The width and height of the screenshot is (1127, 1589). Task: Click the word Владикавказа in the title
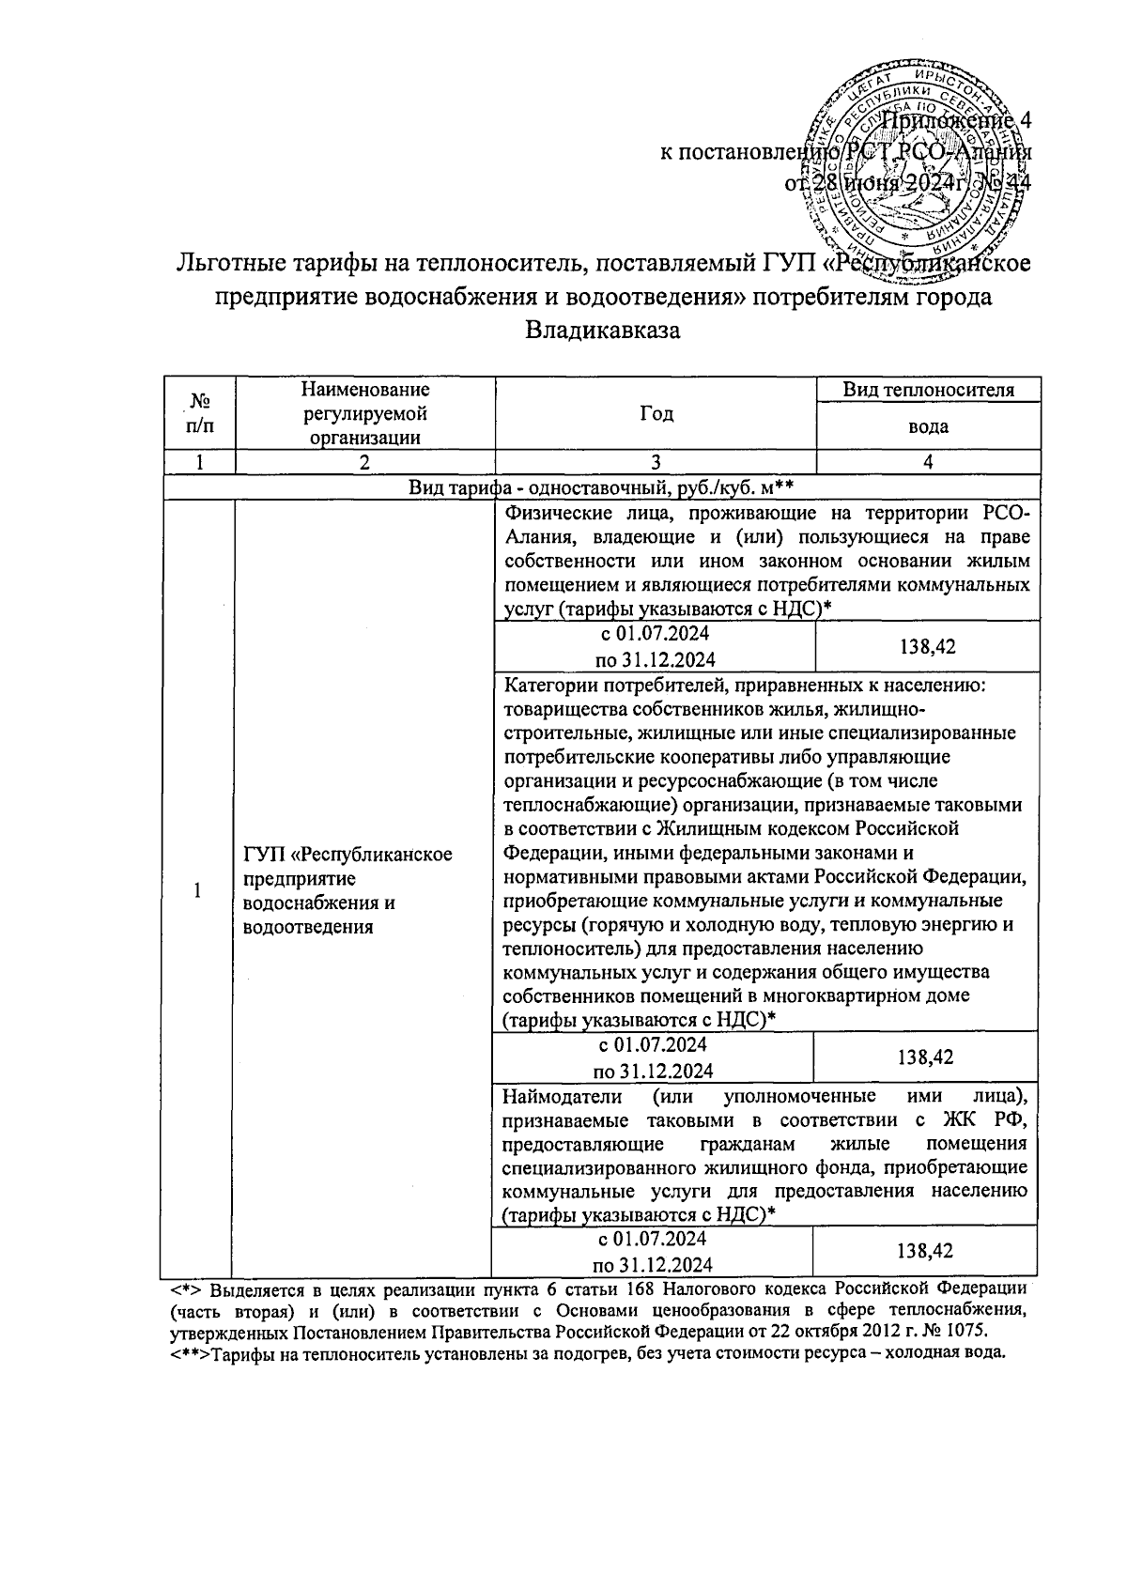coord(602,331)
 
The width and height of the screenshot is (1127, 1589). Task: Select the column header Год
coord(656,414)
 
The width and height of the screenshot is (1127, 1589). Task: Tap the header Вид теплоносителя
coord(927,390)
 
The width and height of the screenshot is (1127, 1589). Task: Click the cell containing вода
coord(927,426)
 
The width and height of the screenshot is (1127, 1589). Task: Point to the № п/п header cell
coord(199,414)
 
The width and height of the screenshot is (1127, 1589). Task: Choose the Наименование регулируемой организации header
coord(365,413)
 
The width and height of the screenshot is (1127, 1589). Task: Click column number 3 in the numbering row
coord(656,462)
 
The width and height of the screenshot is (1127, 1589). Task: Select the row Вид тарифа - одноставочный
coord(601,487)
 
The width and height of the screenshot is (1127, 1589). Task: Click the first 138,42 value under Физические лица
coord(927,646)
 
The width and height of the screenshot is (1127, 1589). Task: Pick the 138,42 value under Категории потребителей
coord(925,1057)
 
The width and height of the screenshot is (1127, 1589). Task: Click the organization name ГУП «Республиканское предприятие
coord(347,889)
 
